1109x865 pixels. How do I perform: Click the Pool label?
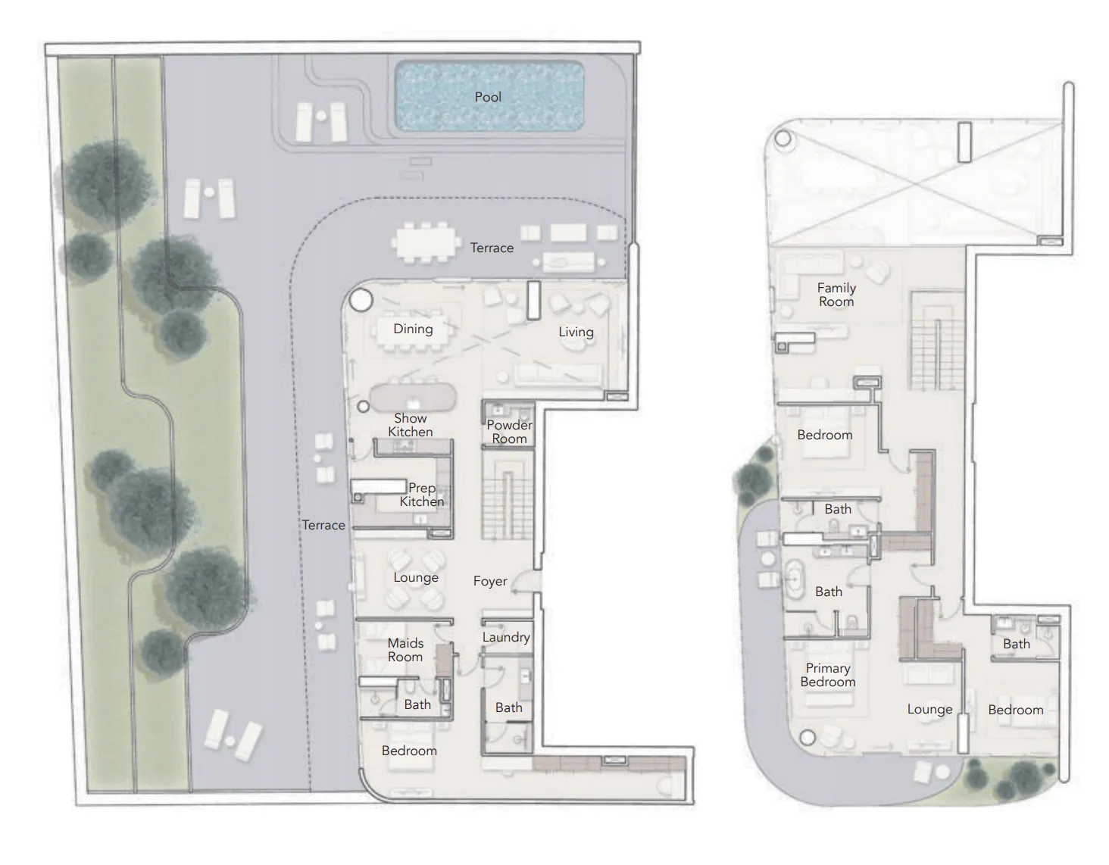pyautogui.click(x=488, y=97)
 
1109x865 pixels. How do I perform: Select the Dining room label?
pyautogui.click(x=413, y=329)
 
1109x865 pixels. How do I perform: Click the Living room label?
pyautogui.click(x=576, y=332)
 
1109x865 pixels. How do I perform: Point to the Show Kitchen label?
pyautogui.click(x=411, y=425)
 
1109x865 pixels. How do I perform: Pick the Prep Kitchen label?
pyautogui.click(x=422, y=495)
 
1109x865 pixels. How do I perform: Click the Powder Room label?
pyautogui.click(x=509, y=432)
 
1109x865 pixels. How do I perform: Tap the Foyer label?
pyautogui.click(x=490, y=581)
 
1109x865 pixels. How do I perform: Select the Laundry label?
pyautogui.click(x=506, y=637)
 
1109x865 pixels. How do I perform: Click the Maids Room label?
pyautogui.click(x=405, y=650)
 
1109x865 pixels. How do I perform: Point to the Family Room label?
pyautogui.click(x=836, y=295)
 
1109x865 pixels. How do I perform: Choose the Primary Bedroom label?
pyautogui.click(x=827, y=675)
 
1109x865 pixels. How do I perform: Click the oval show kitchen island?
pyautogui.click(x=413, y=398)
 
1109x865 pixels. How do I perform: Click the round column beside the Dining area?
pyautogui.click(x=361, y=301)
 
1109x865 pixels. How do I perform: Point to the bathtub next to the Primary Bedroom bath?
pyautogui.click(x=795, y=580)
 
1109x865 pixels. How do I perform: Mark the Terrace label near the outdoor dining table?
pyautogui.click(x=492, y=248)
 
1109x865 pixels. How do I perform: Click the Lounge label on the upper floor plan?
pyautogui.click(x=929, y=709)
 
